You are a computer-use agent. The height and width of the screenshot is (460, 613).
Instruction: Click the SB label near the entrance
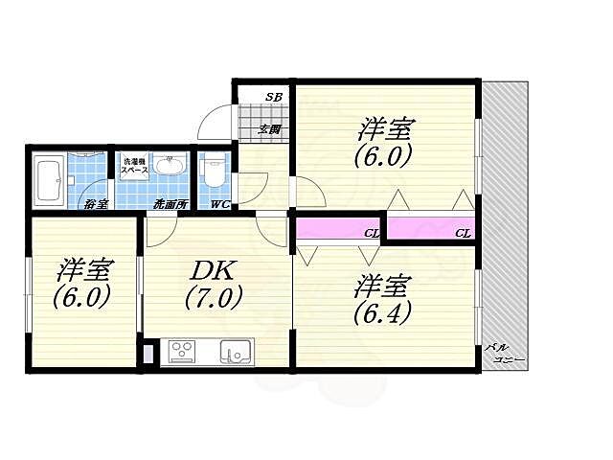click(x=274, y=97)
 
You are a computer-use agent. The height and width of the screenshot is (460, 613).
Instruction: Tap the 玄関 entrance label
click(x=269, y=129)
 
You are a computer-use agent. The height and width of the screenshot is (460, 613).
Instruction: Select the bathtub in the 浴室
click(x=50, y=178)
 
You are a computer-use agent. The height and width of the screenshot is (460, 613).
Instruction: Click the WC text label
click(x=219, y=204)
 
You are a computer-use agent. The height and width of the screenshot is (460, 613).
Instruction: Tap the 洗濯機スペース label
click(x=133, y=166)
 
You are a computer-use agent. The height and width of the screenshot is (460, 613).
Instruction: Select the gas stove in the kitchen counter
click(x=182, y=351)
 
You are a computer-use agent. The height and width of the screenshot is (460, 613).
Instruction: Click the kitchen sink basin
click(x=234, y=351)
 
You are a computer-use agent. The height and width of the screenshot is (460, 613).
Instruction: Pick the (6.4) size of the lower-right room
click(x=382, y=312)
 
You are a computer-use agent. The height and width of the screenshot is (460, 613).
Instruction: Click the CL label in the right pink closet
click(x=463, y=232)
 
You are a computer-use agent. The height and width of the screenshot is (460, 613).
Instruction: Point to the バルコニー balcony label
click(x=504, y=354)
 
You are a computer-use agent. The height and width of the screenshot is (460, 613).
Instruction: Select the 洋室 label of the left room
click(x=81, y=267)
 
